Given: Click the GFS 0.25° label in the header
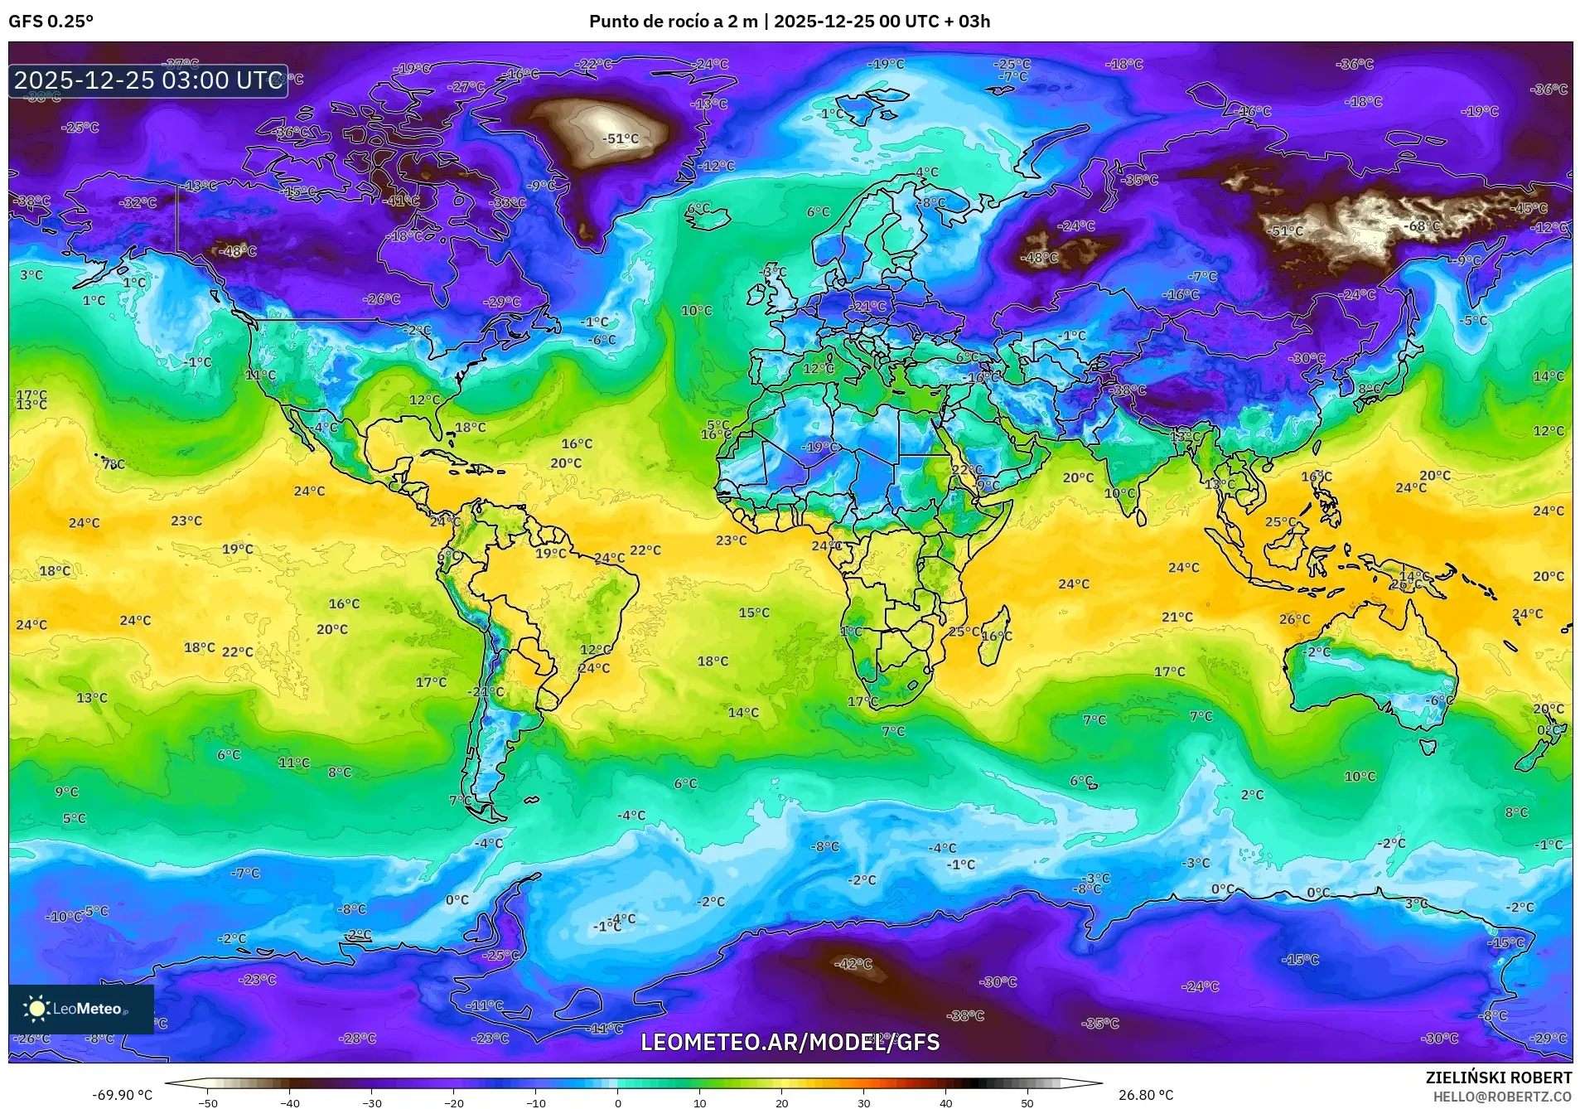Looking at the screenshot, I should click(x=51, y=22).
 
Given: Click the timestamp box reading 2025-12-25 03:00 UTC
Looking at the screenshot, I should click(x=148, y=80).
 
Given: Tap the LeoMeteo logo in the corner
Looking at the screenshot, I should click(x=80, y=1009).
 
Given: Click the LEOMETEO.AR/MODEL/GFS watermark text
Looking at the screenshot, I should click(x=790, y=1042).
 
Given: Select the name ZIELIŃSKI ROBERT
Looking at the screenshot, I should click(x=1498, y=1078).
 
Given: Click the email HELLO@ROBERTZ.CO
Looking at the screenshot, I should click(x=1502, y=1097).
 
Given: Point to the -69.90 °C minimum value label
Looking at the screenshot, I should click(x=122, y=1095).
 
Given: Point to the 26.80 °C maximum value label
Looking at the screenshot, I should click(x=1146, y=1095).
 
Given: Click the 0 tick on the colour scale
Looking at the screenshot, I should click(x=617, y=1102).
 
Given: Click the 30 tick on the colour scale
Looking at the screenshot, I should click(x=863, y=1102).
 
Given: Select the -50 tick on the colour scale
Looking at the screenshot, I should click(x=207, y=1102).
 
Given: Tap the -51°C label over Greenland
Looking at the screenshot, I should click(x=620, y=139).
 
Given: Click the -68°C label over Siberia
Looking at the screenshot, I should click(x=1423, y=226).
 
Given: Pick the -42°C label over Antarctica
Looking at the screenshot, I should click(x=853, y=964).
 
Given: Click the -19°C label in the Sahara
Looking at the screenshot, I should click(x=819, y=447).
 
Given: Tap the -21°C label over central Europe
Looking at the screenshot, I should click(x=867, y=306).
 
